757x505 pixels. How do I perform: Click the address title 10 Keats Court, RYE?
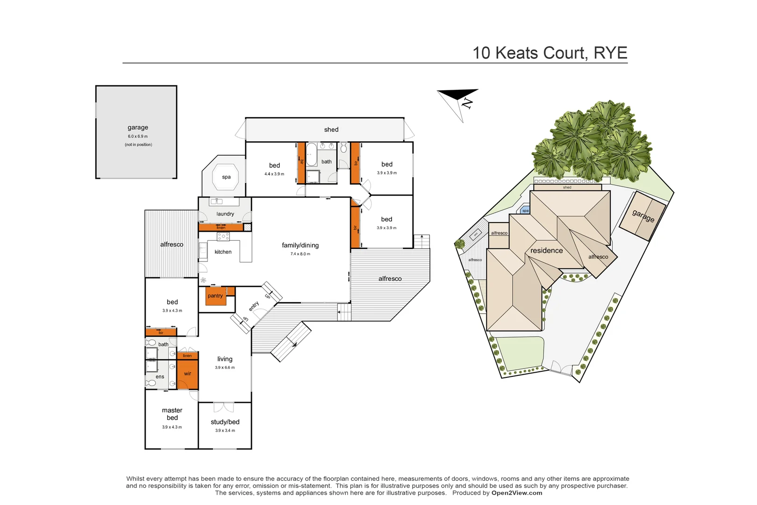tap(550, 53)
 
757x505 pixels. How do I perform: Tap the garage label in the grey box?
tap(138, 127)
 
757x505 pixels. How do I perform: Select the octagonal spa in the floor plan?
tap(226, 177)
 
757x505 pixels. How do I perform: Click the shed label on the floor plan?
tap(331, 130)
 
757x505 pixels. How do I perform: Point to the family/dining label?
tap(300, 245)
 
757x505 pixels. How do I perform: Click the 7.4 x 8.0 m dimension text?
tap(300, 254)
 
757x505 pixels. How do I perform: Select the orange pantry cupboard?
tap(215, 296)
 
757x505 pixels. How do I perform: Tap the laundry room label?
tap(225, 214)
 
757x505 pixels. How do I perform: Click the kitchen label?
tap(223, 252)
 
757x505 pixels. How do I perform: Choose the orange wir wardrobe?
tap(187, 374)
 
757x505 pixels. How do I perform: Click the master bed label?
tap(172, 414)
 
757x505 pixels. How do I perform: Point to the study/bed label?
tap(225, 422)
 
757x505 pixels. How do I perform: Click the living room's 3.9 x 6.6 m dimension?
tap(225, 368)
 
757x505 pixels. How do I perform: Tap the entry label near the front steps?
tap(254, 306)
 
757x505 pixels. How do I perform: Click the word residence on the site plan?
tap(546, 251)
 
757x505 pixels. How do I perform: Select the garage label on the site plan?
tap(643, 216)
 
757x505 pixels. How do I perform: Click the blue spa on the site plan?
tap(525, 210)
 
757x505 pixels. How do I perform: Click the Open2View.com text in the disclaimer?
tap(516, 493)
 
